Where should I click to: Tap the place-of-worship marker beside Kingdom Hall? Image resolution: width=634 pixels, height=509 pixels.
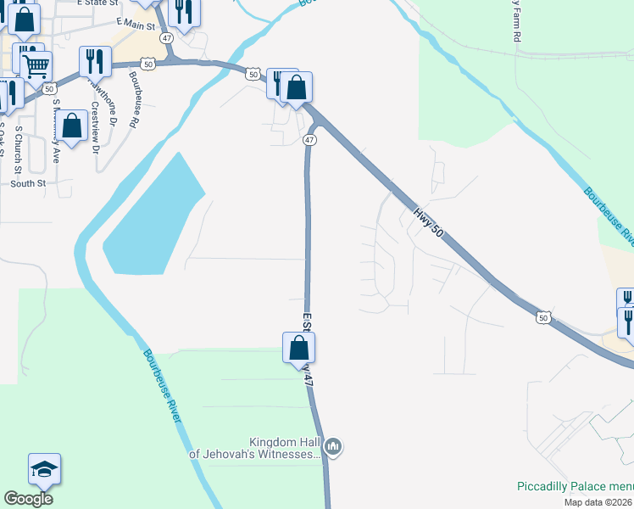coord(334,446)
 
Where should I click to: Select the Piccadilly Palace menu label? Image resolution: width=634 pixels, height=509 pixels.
coord(574,486)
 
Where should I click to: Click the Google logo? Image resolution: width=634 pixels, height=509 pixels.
coord(28,498)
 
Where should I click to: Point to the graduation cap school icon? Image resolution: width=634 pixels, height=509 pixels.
coord(44,467)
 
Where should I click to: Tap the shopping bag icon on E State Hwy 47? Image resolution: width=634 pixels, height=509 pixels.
coord(298,347)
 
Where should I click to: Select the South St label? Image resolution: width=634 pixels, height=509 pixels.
coord(28,182)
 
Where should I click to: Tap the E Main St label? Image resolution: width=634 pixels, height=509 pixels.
coord(136,25)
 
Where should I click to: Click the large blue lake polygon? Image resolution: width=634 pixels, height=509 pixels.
coord(153,221)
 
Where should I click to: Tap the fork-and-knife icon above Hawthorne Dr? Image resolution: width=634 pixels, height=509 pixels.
coord(95,60)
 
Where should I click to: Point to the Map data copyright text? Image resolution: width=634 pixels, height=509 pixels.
coord(598,502)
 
